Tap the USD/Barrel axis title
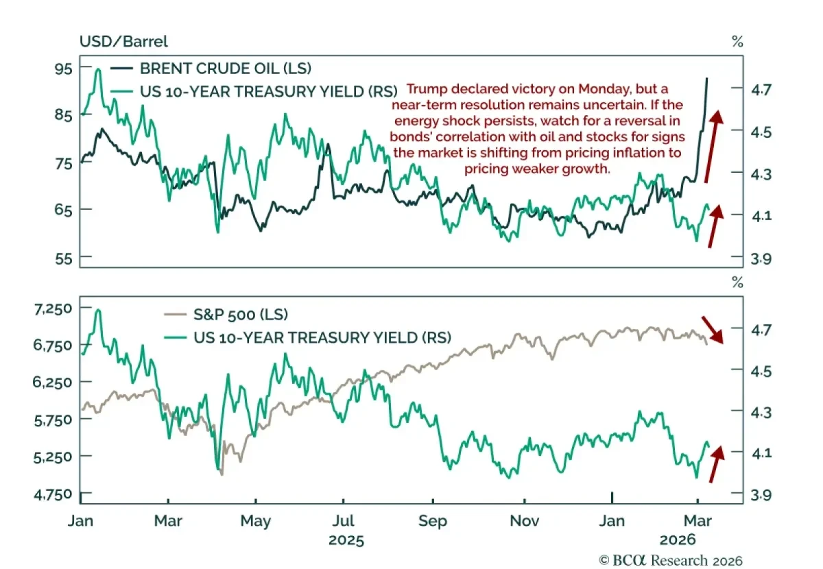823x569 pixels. (x=123, y=41)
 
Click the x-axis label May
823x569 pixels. (x=255, y=521)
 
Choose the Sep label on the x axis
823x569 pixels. (x=432, y=521)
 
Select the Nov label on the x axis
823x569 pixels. (x=523, y=521)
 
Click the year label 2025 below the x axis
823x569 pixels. (x=346, y=540)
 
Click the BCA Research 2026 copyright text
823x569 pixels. (x=671, y=560)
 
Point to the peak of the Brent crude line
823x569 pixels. (x=707, y=79)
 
